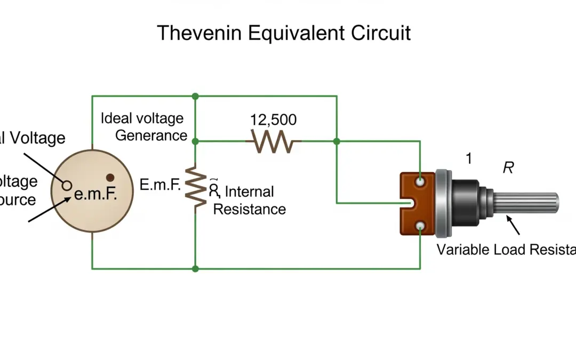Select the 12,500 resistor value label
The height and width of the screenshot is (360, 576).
(274, 119)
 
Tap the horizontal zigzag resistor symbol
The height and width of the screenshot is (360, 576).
(274, 141)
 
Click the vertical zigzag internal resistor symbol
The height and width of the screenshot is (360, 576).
(196, 186)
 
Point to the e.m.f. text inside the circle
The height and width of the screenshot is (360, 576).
(95, 193)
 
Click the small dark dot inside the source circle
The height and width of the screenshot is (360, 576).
(110, 178)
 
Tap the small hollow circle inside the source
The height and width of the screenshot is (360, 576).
(67, 185)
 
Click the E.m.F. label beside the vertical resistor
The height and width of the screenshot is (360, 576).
(160, 185)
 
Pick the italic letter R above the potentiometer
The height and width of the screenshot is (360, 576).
(508, 168)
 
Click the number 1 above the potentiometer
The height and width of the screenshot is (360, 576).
(469, 158)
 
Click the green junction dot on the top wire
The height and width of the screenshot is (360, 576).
(195, 96)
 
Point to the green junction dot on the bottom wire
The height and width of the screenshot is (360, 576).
(195, 269)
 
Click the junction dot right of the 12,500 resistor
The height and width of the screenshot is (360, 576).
(337, 141)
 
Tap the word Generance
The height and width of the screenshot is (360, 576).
(151, 135)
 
